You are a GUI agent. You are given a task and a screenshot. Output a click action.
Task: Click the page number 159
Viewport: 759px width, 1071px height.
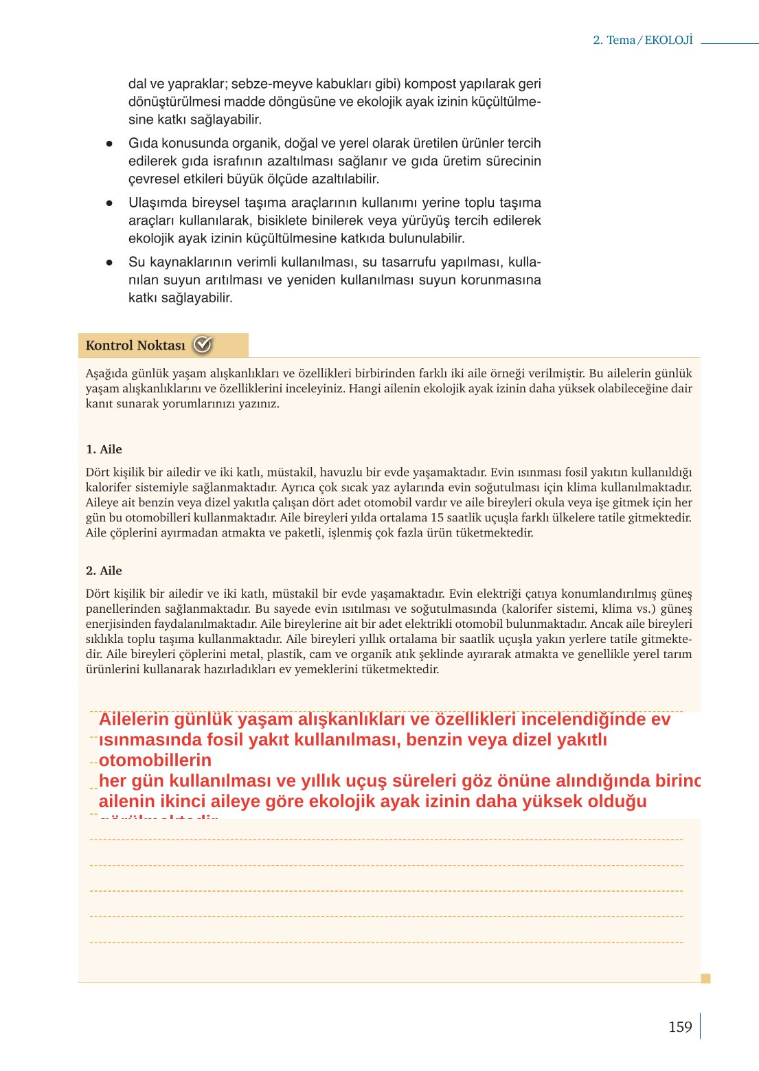[x=679, y=1026]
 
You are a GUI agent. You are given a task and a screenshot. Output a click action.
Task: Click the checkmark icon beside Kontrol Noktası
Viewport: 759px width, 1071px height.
[x=202, y=345]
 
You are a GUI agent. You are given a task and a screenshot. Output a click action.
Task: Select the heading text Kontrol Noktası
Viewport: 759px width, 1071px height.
[x=135, y=346]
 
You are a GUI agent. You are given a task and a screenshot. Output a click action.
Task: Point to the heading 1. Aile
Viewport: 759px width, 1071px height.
[x=104, y=449]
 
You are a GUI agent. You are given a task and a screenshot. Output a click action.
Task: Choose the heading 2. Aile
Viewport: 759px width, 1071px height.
[x=104, y=571]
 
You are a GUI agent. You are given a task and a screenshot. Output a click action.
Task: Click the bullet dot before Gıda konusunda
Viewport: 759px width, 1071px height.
[x=109, y=144]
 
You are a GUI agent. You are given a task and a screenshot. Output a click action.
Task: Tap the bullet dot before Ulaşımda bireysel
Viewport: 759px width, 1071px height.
[x=109, y=203]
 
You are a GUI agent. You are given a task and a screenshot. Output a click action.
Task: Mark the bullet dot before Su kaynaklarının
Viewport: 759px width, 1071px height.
[x=109, y=263]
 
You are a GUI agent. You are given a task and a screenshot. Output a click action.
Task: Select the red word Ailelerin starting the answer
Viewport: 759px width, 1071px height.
[x=134, y=719]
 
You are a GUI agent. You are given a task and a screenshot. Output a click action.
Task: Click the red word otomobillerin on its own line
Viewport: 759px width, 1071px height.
[x=155, y=760]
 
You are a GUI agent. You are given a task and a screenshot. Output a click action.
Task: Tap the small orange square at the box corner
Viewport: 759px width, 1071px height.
[x=705, y=978]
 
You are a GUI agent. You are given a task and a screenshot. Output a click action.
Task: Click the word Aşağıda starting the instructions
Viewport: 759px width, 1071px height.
[x=106, y=374]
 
